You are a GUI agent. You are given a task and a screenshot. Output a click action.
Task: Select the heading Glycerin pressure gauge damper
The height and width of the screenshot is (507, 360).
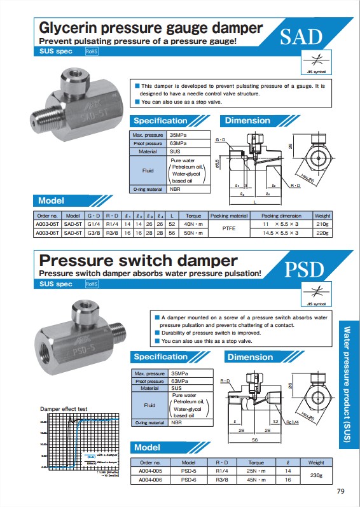tap(151, 28)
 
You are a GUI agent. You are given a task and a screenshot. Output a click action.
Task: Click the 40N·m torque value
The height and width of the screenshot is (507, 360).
tap(193, 224)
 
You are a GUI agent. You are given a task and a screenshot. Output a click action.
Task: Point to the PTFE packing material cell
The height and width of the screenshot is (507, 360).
tap(228, 228)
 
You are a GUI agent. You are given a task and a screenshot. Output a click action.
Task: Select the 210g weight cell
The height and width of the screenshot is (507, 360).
tap(322, 224)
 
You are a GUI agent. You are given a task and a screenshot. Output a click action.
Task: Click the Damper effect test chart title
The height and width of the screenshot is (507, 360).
tap(64, 408)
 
